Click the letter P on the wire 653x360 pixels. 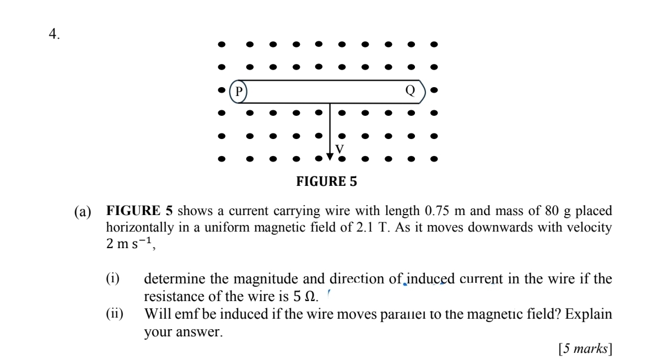coord(239,91)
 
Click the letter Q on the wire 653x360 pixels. coord(409,90)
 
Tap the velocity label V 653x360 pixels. coord(339,149)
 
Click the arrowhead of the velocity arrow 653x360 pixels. coord(330,156)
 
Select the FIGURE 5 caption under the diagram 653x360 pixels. coord(327,181)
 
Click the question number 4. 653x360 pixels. coord(54,34)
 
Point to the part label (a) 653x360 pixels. coord(84,212)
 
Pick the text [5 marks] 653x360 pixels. coord(585,348)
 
